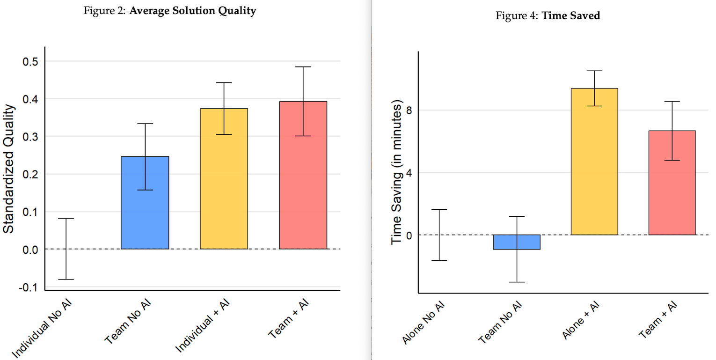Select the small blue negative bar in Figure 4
tap(517, 242)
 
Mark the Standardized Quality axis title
tap(9, 169)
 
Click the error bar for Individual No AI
tap(66, 249)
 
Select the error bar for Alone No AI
tap(439, 235)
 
